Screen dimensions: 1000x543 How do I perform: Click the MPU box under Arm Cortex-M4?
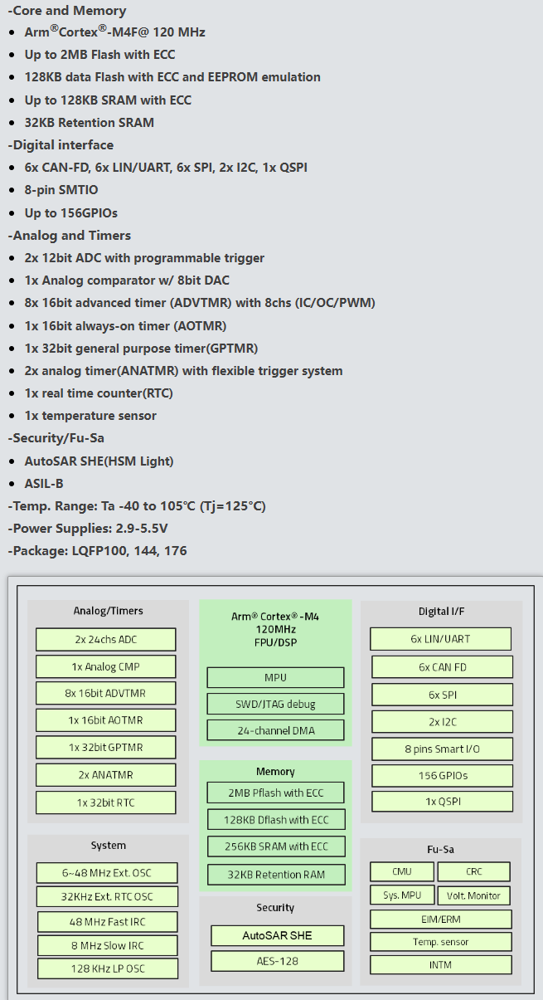point(275,677)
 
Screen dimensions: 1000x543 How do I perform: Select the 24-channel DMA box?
point(275,730)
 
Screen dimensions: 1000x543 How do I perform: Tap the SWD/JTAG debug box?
point(275,704)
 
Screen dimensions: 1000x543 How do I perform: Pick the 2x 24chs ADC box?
point(106,639)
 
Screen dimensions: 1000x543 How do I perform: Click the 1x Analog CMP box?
point(106,666)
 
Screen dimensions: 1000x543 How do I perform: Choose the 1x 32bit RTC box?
point(106,802)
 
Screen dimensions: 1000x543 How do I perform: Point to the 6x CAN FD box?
point(442,666)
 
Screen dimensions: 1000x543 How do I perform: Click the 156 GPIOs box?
point(442,775)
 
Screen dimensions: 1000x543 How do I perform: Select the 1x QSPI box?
point(442,802)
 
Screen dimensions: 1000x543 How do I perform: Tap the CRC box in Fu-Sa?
point(473,871)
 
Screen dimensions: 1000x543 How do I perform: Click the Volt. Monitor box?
point(473,895)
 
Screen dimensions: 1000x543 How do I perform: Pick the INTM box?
point(440,964)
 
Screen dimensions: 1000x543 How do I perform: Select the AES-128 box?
point(277,961)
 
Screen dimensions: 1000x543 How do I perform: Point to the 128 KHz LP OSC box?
point(108,968)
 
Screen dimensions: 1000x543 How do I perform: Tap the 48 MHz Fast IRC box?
point(108,921)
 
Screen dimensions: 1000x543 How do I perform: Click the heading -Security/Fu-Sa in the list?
point(56,438)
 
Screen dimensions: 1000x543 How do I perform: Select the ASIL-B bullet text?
point(44,483)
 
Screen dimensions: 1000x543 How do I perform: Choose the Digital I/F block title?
point(441,612)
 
